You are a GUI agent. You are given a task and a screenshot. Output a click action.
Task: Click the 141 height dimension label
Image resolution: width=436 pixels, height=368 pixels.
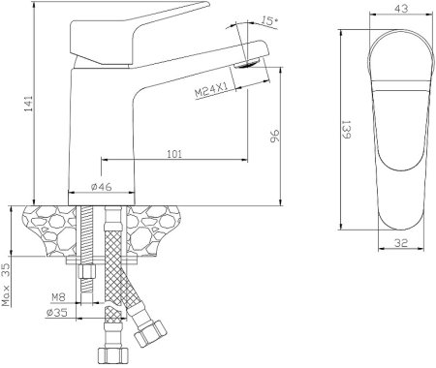tap(29, 104)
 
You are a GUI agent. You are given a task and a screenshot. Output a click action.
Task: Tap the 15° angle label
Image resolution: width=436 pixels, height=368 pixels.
tap(269, 20)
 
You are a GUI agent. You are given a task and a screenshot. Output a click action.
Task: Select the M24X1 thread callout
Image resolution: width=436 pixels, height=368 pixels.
tap(211, 90)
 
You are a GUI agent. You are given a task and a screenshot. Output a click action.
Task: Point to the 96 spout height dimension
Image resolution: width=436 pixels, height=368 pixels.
tap(274, 136)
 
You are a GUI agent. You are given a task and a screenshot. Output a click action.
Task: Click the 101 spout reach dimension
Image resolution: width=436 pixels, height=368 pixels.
tap(174, 154)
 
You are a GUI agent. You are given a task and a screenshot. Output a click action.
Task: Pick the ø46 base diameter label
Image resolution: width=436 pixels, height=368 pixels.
tap(102, 187)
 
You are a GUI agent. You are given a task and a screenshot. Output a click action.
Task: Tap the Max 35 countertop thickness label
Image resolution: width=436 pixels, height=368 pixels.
tap(6, 285)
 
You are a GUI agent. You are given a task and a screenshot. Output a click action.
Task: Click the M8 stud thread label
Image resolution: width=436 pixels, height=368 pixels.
tap(58, 297)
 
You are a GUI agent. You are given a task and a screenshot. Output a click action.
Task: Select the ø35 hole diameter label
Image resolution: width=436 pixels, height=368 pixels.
tap(57, 312)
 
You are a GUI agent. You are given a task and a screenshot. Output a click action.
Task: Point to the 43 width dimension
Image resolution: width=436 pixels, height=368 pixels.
tap(401, 9)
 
